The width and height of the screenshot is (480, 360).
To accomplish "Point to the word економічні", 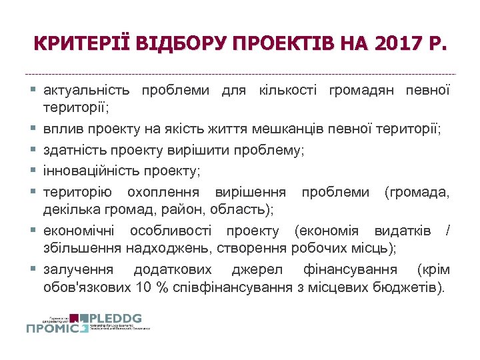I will [78, 231].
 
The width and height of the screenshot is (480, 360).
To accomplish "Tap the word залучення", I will [77, 270].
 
